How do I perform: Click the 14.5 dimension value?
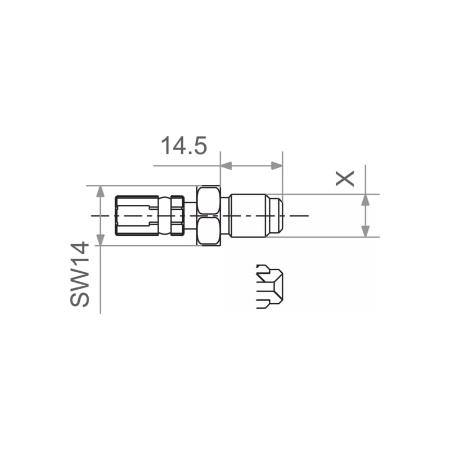click(184, 146)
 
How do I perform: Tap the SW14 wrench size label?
click(79, 274)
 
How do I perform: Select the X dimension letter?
click(345, 178)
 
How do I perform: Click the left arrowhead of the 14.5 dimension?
click(226, 165)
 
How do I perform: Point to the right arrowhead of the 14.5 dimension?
click(277, 165)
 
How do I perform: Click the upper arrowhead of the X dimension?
click(365, 200)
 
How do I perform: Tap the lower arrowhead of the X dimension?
click(365, 231)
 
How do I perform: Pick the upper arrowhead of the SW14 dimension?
click(100, 191)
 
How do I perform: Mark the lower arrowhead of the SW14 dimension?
click(100, 240)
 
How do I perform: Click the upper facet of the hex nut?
click(209, 200)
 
